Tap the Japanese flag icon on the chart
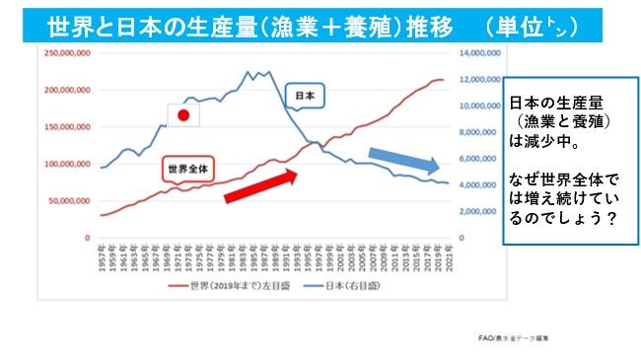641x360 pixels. click(183, 115)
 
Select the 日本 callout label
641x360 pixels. click(305, 96)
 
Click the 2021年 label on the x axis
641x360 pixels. click(449, 254)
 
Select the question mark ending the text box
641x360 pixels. click(610, 217)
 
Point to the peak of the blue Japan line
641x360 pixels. click(247, 71)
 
